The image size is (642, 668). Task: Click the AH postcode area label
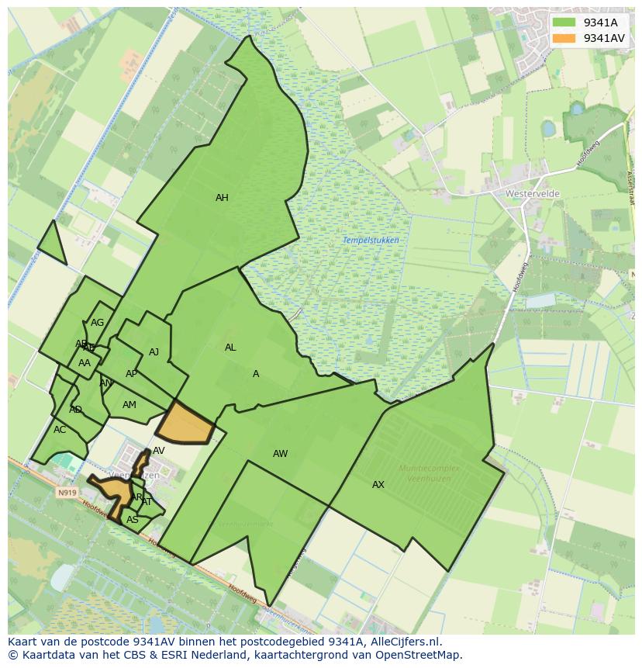pos(222,198)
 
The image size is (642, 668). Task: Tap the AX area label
pos(378,485)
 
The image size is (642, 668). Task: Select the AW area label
pos(280,454)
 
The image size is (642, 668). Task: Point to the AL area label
pos(230,348)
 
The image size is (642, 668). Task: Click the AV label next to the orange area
pos(159,451)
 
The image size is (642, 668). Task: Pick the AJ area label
pos(154,352)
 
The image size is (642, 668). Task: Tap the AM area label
pos(129,405)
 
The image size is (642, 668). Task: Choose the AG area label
pos(97,323)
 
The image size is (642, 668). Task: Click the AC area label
pos(60,430)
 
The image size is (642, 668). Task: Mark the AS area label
pos(133,520)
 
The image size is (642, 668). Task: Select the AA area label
pos(85,363)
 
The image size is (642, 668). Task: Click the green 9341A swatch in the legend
pos(564,22)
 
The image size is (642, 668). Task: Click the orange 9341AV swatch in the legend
pos(564,38)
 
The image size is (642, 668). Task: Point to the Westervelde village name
pos(532,193)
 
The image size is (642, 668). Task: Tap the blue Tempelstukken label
pos(371,241)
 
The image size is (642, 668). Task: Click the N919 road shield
pos(67,493)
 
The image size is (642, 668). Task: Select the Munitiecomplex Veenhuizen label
pos(429,473)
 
